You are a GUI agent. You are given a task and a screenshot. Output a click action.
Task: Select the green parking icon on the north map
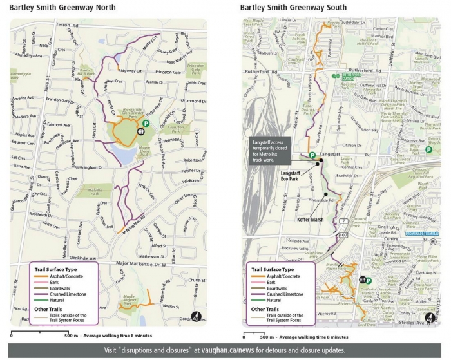pyautogui.click(x=146, y=123)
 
